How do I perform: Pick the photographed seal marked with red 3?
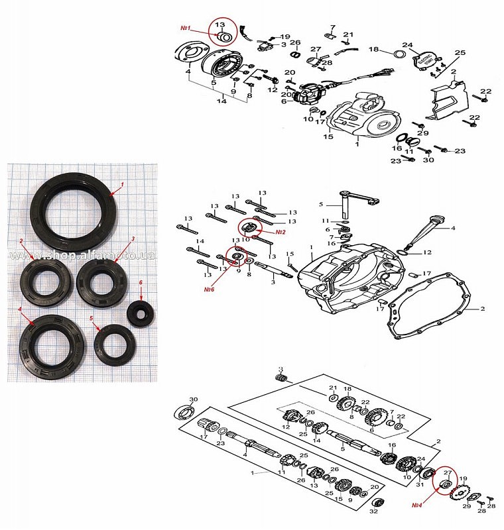[100, 281]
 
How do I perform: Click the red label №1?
[186, 28]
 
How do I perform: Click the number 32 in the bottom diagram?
[374, 511]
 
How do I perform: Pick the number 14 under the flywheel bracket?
[221, 101]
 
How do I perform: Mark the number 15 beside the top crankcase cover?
[328, 137]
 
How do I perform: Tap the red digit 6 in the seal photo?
[141, 282]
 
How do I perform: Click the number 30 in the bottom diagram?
[194, 399]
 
